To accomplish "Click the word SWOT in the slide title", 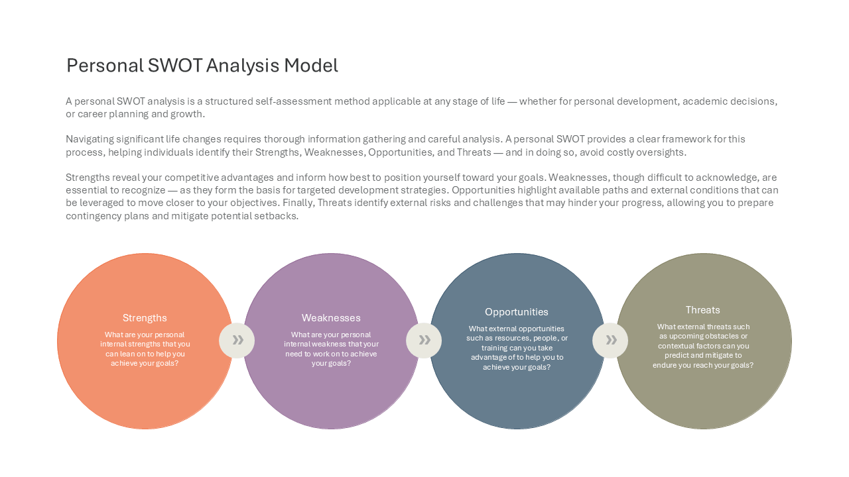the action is [x=174, y=66].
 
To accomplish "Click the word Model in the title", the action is [x=311, y=66].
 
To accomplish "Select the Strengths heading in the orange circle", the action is [x=145, y=318].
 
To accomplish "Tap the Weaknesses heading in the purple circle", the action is [x=331, y=318].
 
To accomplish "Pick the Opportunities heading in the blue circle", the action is [x=516, y=312].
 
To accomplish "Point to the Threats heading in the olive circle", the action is [x=702, y=310].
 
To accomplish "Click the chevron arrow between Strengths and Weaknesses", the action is [x=237, y=340].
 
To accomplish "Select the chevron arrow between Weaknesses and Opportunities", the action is [x=424, y=340].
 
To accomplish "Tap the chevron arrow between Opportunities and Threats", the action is [x=611, y=340].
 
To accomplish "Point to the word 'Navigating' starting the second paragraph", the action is [x=90, y=140].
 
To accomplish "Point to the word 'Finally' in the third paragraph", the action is [x=298, y=203].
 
